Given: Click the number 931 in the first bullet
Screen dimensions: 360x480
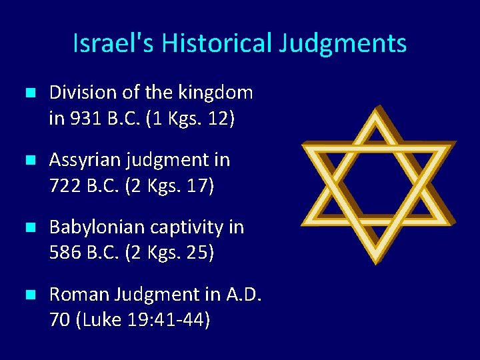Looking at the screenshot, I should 82,119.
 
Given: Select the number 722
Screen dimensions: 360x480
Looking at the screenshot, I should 65,187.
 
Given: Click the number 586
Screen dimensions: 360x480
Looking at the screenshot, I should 65,254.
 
